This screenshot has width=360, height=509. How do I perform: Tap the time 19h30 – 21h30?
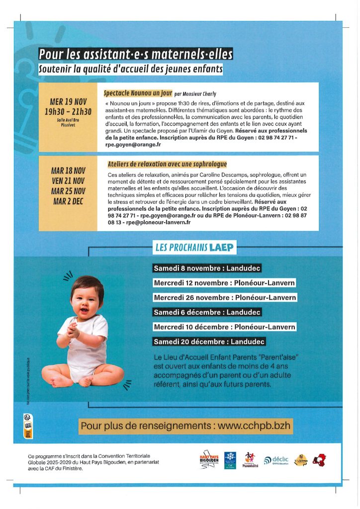coord(68,111)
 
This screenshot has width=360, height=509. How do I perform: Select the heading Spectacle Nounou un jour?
coord(138,93)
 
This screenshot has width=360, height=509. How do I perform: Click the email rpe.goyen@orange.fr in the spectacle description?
coord(131,145)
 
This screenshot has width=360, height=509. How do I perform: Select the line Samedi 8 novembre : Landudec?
coord(207,268)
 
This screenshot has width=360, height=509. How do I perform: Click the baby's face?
coord(88,301)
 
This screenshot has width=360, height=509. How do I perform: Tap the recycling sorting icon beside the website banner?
coord(28,425)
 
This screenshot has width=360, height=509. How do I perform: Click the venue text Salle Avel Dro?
coord(68,120)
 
